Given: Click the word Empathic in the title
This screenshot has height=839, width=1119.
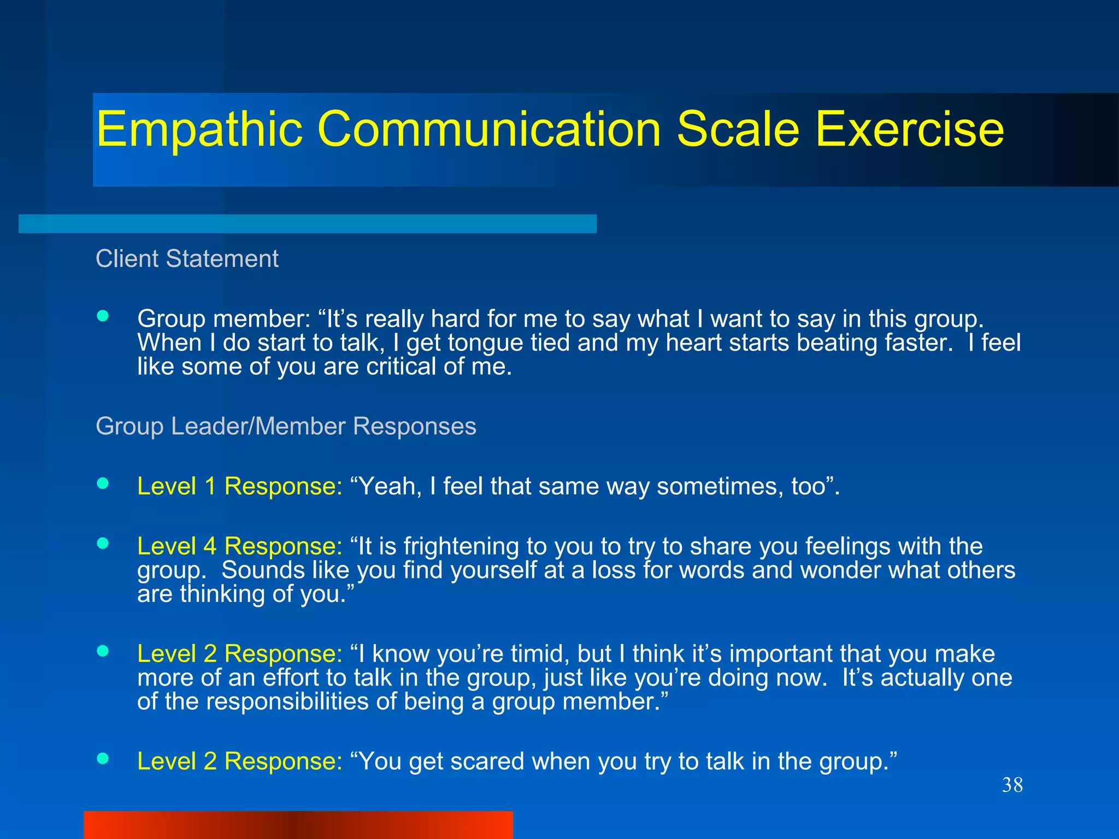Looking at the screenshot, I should pos(199,129).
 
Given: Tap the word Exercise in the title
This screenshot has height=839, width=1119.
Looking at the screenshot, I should pos(909,129).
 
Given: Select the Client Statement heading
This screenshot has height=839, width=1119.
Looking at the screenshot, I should pos(187,258).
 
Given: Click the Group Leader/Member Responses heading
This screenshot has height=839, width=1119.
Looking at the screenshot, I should pos(286,426).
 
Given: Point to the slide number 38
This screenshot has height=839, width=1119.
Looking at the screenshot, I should pos(1012,785).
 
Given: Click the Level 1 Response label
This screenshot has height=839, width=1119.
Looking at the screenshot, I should pos(239,486).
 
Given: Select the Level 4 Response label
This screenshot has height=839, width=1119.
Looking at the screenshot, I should pos(239,546).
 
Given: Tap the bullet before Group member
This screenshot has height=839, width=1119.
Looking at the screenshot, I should pos(103,316).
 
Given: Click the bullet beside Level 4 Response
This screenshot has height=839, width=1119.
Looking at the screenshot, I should pos(103,543).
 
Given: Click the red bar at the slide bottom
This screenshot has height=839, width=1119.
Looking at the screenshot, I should pos(298,825).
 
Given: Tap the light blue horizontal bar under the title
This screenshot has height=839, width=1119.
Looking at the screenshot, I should pos(307,223).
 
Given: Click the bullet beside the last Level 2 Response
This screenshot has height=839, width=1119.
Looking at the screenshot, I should pos(103,758).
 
